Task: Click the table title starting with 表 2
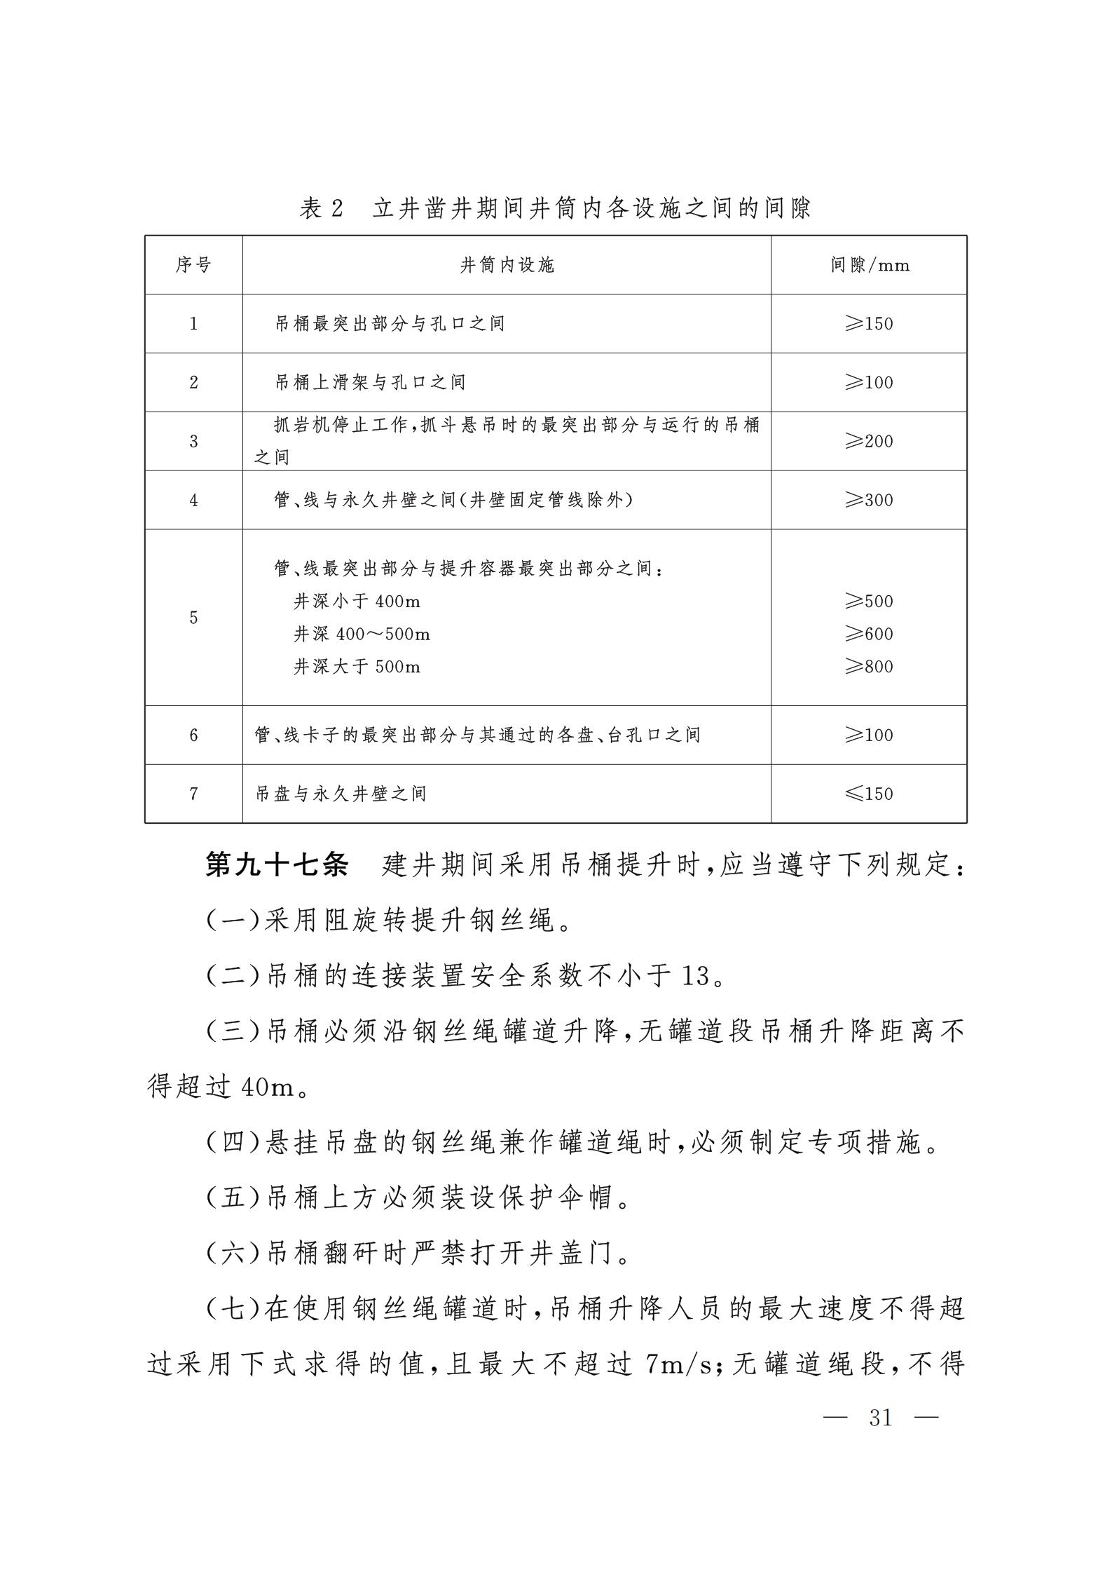click(x=555, y=208)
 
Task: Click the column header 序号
click(x=193, y=265)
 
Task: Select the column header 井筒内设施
click(x=507, y=265)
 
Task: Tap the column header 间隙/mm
click(x=870, y=265)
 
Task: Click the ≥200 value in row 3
click(x=869, y=441)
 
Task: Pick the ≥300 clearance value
click(x=869, y=500)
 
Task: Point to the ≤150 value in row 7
click(x=869, y=794)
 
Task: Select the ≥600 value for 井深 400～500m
click(x=869, y=634)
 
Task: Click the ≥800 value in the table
click(x=869, y=666)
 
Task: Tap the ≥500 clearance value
click(x=869, y=601)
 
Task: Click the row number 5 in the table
click(x=193, y=618)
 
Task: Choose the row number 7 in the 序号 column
click(x=193, y=794)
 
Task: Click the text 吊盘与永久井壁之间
click(x=341, y=794)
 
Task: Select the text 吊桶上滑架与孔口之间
click(x=369, y=382)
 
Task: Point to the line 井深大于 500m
click(x=357, y=666)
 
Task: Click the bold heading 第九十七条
click(x=277, y=865)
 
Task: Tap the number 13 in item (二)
click(x=695, y=975)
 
